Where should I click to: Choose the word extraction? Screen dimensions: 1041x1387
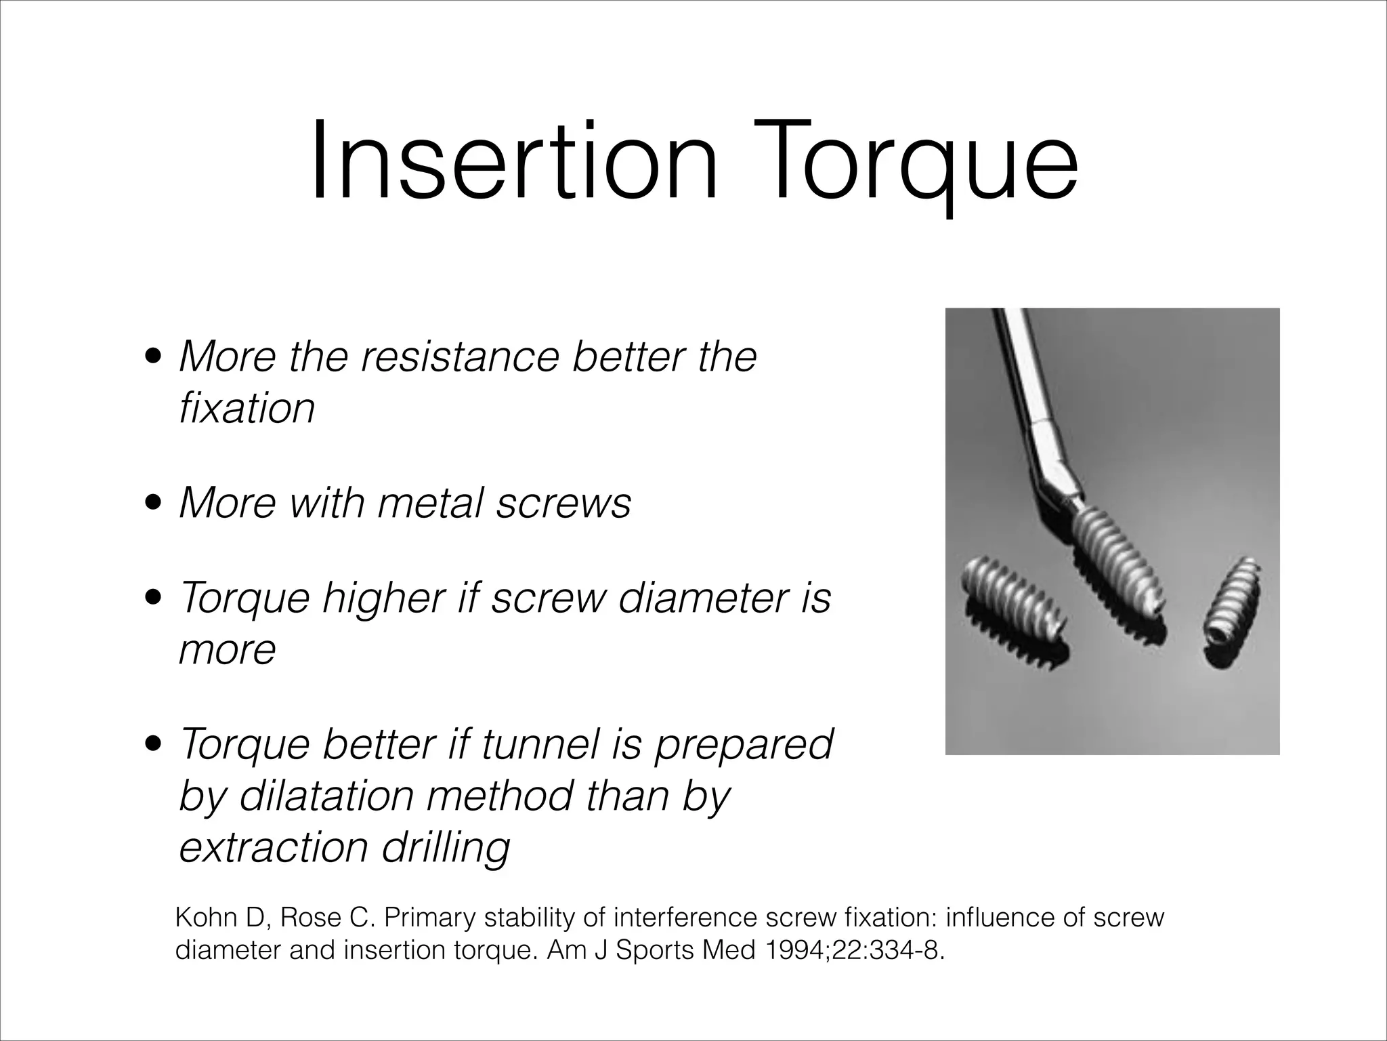coord(274,847)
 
